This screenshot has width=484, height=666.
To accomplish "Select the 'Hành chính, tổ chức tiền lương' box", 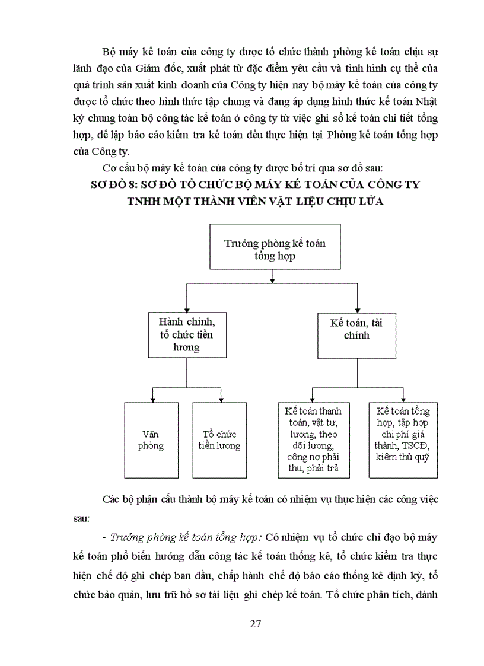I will (187, 334).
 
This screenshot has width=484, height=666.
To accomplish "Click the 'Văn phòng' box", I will (151, 440).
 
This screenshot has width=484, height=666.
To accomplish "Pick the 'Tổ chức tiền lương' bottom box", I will (219, 440).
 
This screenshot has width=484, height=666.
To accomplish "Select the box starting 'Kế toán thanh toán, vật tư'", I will (313, 440).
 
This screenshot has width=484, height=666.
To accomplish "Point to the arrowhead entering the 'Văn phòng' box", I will (152, 399).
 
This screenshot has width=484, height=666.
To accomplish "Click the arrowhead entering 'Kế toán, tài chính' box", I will (357, 308).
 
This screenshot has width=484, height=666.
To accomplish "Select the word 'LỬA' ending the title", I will (370, 201).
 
